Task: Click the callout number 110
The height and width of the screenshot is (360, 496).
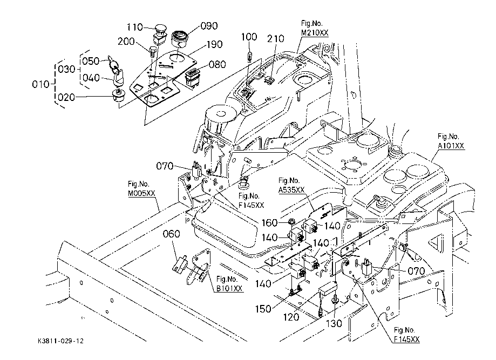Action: point(134,27)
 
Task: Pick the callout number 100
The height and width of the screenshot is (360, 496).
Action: point(249,37)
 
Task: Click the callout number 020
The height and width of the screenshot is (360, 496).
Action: point(68,97)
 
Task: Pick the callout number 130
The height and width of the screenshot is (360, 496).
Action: point(335,323)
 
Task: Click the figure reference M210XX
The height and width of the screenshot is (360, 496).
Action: point(315,32)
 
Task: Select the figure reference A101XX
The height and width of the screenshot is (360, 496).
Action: point(451,146)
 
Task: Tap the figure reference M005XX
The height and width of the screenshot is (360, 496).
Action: point(142,193)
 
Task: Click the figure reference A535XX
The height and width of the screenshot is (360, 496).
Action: point(292,189)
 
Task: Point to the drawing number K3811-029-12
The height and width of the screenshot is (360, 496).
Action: point(61,342)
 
